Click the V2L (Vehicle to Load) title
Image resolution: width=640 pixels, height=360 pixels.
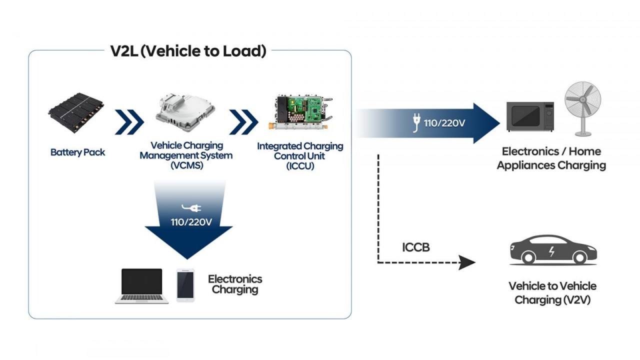(x=188, y=51)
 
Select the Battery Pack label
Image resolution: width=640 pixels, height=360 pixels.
(x=78, y=152)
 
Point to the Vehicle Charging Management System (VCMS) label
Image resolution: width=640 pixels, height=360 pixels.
(x=186, y=155)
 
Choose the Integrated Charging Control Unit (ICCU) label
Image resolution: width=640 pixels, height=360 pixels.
(x=300, y=156)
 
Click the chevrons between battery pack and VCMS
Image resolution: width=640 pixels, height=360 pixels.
(x=129, y=122)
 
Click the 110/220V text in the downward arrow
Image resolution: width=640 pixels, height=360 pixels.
(x=191, y=222)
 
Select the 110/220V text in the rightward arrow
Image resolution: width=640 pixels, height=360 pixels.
(x=444, y=122)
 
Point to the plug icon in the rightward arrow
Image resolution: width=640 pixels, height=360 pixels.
(x=415, y=122)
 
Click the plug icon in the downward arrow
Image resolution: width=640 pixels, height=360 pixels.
(x=192, y=207)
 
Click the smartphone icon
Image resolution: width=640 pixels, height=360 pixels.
(x=185, y=285)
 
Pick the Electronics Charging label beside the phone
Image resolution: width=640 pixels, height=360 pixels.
(x=235, y=284)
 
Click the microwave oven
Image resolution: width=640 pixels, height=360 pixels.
(x=530, y=116)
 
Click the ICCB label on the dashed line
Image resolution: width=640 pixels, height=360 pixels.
(x=415, y=247)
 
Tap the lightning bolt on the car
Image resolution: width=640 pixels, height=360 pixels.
(x=551, y=251)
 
